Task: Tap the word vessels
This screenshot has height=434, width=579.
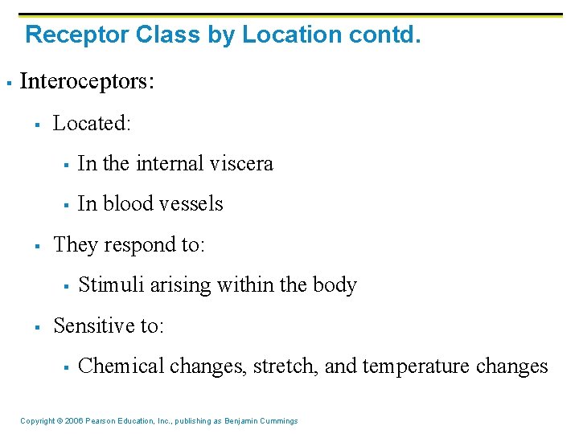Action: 193,204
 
